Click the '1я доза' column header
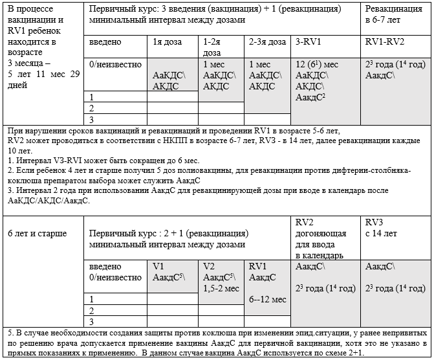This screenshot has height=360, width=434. pyautogui.click(x=162, y=42)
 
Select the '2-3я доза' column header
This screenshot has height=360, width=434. pyautogui.click(x=268, y=42)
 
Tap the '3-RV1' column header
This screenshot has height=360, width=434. pyautogui.click(x=306, y=42)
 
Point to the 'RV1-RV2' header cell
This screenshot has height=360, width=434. pyautogui.click(x=385, y=42)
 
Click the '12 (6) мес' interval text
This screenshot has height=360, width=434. pyautogui.click(x=316, y=65)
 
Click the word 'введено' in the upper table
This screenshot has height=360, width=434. pyautogui.click(x=105, y=42)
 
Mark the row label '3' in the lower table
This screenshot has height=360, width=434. pyautogui.click(x=92, y=321)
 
